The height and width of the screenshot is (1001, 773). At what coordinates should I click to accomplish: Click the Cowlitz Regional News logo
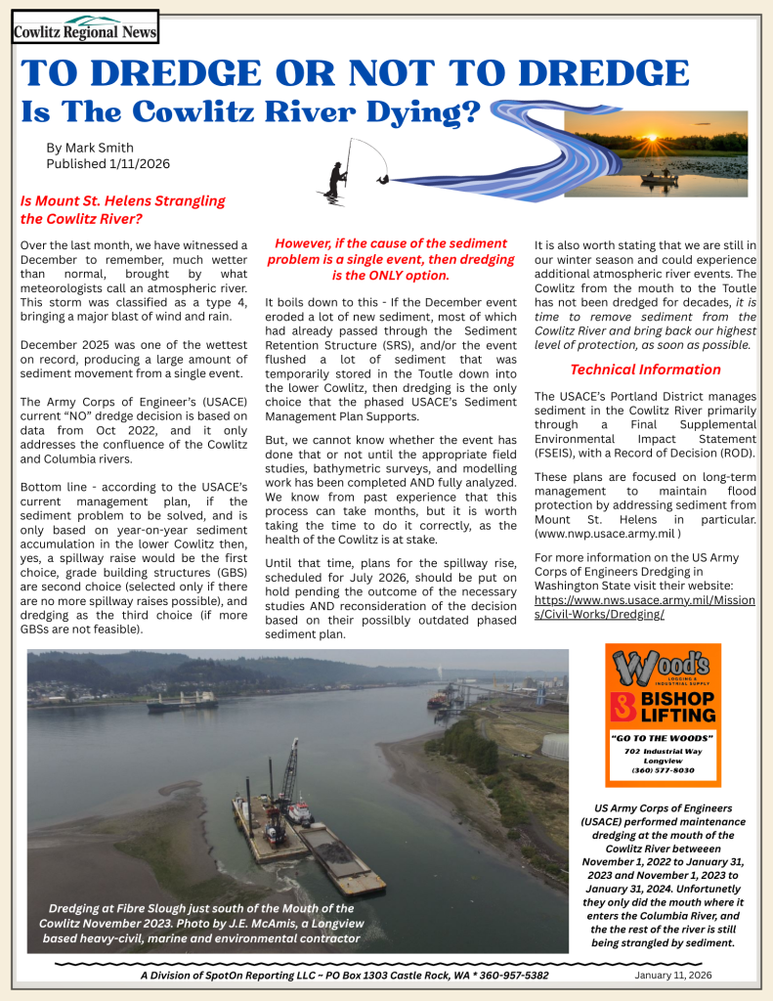click(85, 27)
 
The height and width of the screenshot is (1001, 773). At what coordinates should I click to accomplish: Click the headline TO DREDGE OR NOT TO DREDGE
click(355, 74)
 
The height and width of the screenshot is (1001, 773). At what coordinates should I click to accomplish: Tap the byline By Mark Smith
click(91, 148)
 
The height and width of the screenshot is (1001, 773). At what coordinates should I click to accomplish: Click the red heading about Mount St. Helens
click(122, 209)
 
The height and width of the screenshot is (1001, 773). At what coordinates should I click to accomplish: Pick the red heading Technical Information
click(645, 370)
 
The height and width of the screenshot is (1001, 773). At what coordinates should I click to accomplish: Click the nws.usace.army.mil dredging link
click(644, 607)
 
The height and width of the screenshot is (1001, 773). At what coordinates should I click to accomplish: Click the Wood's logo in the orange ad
click(663, 669)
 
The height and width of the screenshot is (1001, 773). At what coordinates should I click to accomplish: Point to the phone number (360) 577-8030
click(664, 770)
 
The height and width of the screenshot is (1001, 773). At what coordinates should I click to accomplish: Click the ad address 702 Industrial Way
click(664, 749)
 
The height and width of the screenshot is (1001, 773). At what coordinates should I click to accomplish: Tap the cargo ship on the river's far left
click(182, 700)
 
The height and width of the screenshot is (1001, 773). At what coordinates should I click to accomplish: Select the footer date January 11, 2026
click(673, 975)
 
